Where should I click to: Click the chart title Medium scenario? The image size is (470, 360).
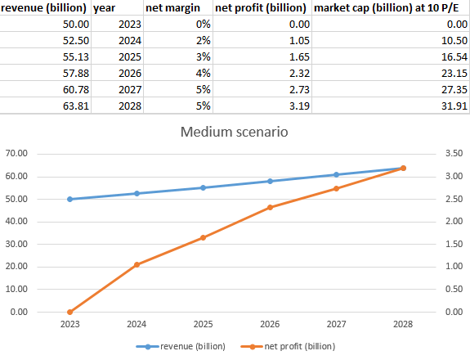[x=235, y=132]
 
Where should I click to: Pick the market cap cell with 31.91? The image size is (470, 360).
[x=446, y=106]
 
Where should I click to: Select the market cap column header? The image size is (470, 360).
[x=391, y=9]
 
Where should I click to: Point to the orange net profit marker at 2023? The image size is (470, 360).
[x=69, y=312]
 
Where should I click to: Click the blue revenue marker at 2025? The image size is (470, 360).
[x=203, y=187]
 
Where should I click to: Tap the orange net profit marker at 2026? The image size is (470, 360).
[x=270, y=207]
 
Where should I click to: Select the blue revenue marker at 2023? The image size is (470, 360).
[x=69, y=199]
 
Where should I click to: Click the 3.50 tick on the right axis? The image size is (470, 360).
[x=454, y=154]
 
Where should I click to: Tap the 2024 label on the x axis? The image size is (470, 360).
[x=137, y=326]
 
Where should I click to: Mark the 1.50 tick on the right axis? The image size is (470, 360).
[x=454, y=244]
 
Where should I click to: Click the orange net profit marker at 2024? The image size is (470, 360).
[x=137, y=264]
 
